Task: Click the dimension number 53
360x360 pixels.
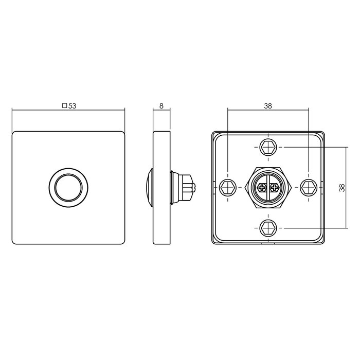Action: coord(73,106)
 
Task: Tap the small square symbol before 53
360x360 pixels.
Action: coord(64,106)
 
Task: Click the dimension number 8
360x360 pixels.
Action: coord(161,106)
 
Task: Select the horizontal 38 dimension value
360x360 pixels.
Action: coord(267,106)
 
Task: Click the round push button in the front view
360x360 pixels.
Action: coord(68,187)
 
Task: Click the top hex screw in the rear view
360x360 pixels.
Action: coord(267,147)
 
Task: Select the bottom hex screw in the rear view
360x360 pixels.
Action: coord(267,227)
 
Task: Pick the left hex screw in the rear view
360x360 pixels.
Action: coord(227,187)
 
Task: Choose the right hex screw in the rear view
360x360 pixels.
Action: coord(308,187)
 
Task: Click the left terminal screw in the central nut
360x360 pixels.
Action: coord(262,188)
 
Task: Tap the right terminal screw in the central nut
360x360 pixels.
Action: coord(273,188)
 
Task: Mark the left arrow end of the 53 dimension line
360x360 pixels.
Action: coord(13,110)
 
